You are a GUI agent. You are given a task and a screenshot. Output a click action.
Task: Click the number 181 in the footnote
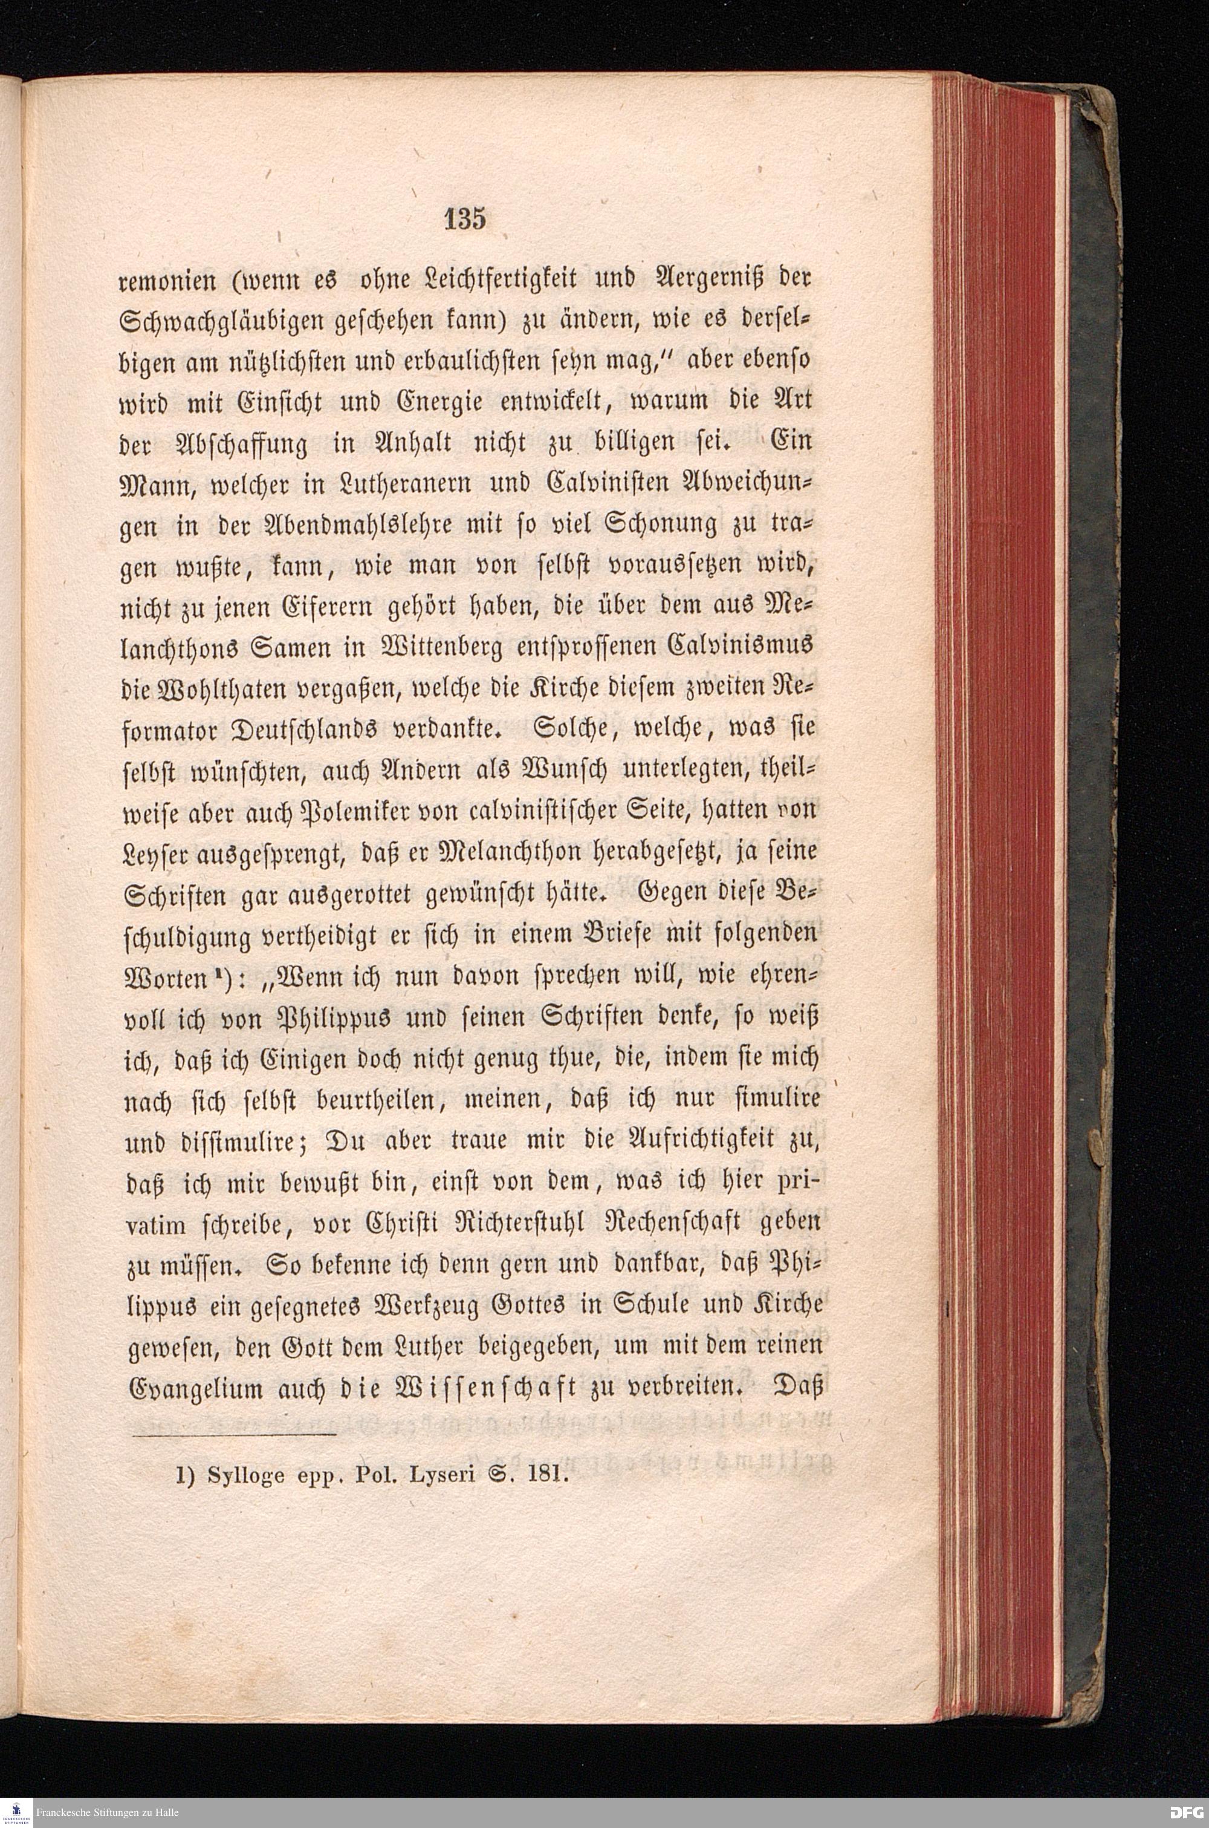click(548, 1477)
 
